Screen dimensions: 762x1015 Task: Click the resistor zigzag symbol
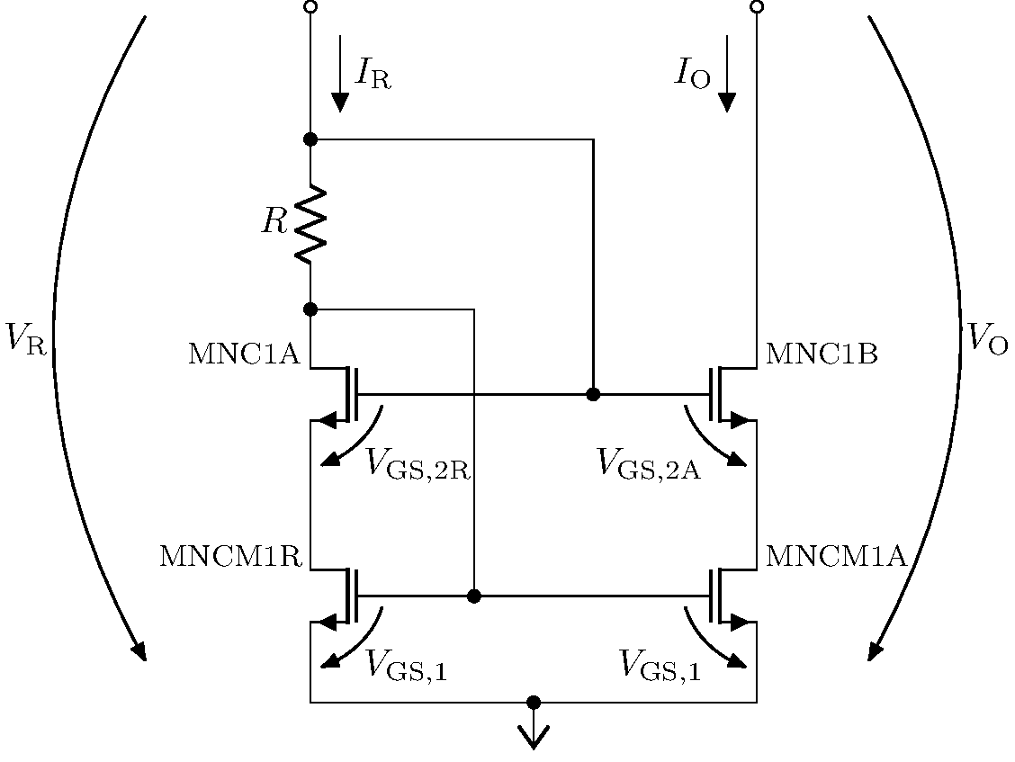310,224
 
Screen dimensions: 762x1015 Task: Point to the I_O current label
693,75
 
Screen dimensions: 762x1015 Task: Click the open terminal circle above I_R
310,7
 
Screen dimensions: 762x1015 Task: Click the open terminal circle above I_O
757,7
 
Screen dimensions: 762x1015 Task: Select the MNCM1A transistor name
835,556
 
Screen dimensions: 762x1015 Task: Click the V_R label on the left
24,337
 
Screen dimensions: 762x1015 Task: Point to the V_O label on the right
988,337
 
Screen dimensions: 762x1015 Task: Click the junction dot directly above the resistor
310,139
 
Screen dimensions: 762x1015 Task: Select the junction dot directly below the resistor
310,309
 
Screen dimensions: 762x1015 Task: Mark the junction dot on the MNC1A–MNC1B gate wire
593,394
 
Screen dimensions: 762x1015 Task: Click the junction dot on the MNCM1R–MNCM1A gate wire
474,596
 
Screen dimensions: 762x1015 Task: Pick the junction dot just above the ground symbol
534,702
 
